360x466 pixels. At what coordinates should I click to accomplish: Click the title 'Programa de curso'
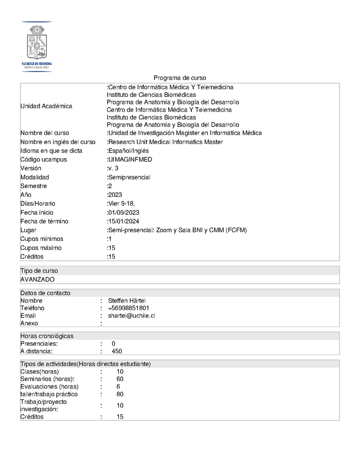[x=180, y=78]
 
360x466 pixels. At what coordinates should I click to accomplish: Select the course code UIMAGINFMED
[x=130, y=159]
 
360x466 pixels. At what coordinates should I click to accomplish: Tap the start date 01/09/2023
[x=124, y=213]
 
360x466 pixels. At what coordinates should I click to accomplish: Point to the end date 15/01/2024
[x=124, y=222]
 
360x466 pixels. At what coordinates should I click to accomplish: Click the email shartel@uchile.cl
[x=131, y=316]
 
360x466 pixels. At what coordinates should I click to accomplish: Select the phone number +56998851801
[x=129, y=308]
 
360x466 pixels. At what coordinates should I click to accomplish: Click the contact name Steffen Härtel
[x=127, y=301]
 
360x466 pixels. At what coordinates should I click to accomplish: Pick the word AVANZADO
[x=37, y=279]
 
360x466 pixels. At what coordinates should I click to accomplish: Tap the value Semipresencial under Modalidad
[x=129, y=177]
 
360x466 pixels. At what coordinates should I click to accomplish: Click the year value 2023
[x=116, y=195]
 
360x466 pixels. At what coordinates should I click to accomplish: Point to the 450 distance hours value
[x=117, y=351]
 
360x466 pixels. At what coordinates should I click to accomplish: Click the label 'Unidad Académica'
[x=46, y=106]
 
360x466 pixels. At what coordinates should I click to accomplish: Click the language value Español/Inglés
[x=128, y=151]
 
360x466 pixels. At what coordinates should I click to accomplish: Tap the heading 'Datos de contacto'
[x=45, y=293]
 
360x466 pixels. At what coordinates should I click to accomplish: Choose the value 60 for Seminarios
[x=120, y=379]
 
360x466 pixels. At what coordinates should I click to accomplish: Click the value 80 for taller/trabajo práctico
[x=120, y=394]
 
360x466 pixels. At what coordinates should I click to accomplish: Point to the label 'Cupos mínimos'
[x=41, y=239]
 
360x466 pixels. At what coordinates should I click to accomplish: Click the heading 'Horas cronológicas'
[x=47, y=336]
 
